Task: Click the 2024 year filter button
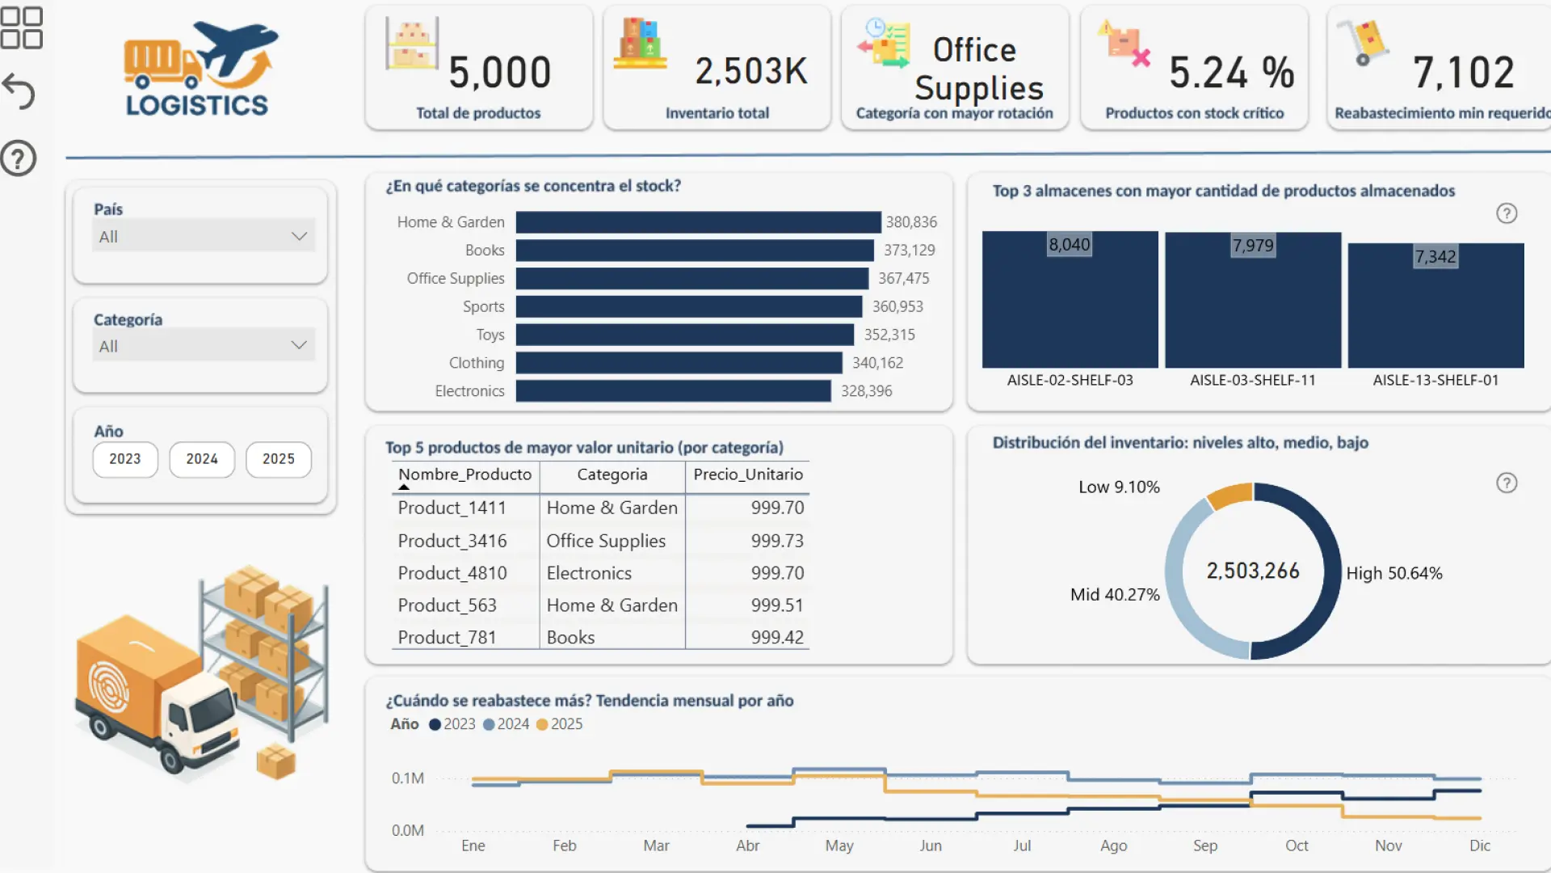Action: click(x=202, y=459)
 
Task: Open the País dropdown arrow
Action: click(x=299, y=236)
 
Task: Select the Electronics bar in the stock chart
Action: click(x=673, y=391)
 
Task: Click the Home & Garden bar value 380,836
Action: click(x=911, y=221)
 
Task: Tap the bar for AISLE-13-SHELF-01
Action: click(x=1435, y=306)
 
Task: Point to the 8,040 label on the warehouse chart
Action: click(x=1069, y=244)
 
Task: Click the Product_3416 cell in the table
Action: click(x=452, y=541)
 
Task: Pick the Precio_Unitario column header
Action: click(x=748, y=474)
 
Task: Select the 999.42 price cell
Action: click(x=777, y=638)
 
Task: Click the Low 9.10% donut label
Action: click(x=1119, y=487)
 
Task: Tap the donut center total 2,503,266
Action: click(x=1253, y=571)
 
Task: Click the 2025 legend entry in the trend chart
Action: click(x=559, y=724)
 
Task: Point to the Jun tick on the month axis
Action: click(x=931, y=846)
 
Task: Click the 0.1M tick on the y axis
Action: click(x=408, y=778)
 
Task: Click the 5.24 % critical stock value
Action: click(x=1231, y=73)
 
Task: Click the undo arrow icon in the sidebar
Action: click(x=19, y=91)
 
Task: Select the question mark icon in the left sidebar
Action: click(x=19, y=158)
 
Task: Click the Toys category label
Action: click(x=490, y=335)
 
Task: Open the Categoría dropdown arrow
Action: click(x=299, y=345)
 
